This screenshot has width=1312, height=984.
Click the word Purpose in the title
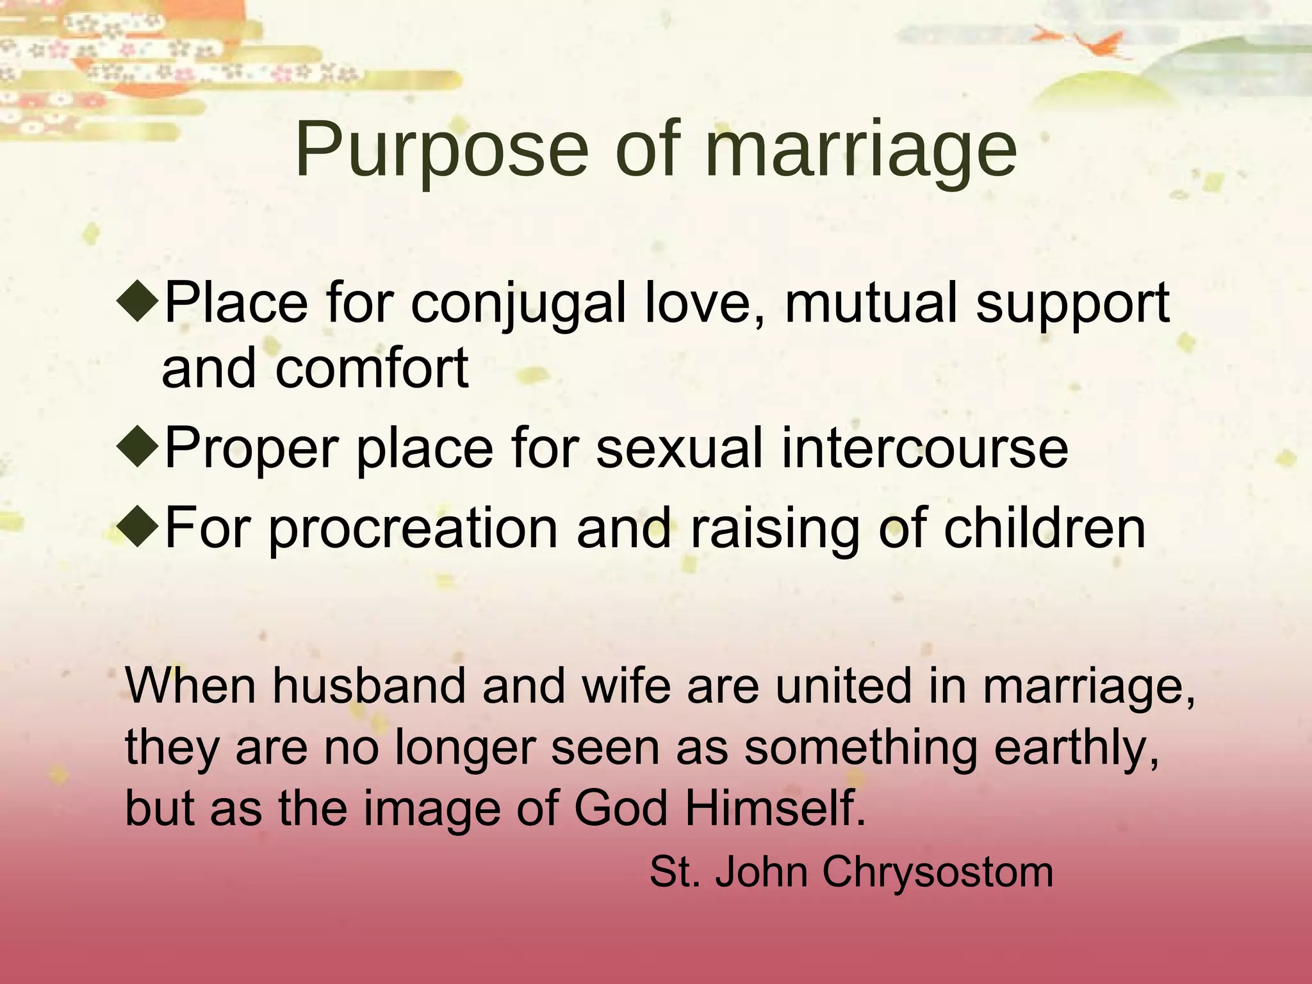coord(441,151)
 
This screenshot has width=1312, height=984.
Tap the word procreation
coord(413,529)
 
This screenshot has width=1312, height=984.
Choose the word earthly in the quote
coord(1076,748)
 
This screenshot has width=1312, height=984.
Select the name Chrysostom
coord(938,873)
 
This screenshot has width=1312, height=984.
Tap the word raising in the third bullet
coord(774,529)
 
